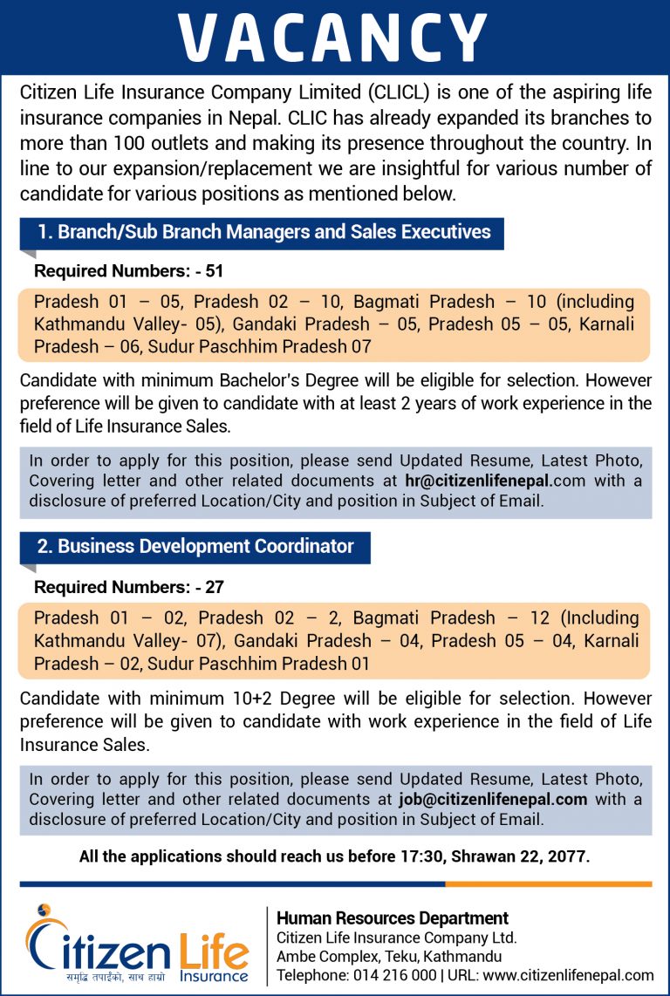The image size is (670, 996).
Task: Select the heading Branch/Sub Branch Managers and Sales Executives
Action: pos(263,233)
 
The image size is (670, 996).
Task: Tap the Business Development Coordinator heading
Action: pos(195,547)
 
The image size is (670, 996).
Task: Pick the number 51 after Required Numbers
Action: pos(215,271)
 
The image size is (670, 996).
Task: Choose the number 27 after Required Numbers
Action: pos(215,588)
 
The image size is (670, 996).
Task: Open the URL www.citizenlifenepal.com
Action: pos(568,975)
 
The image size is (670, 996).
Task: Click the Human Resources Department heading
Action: pos(393,918)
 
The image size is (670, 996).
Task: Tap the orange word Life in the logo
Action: pos(213,946)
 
